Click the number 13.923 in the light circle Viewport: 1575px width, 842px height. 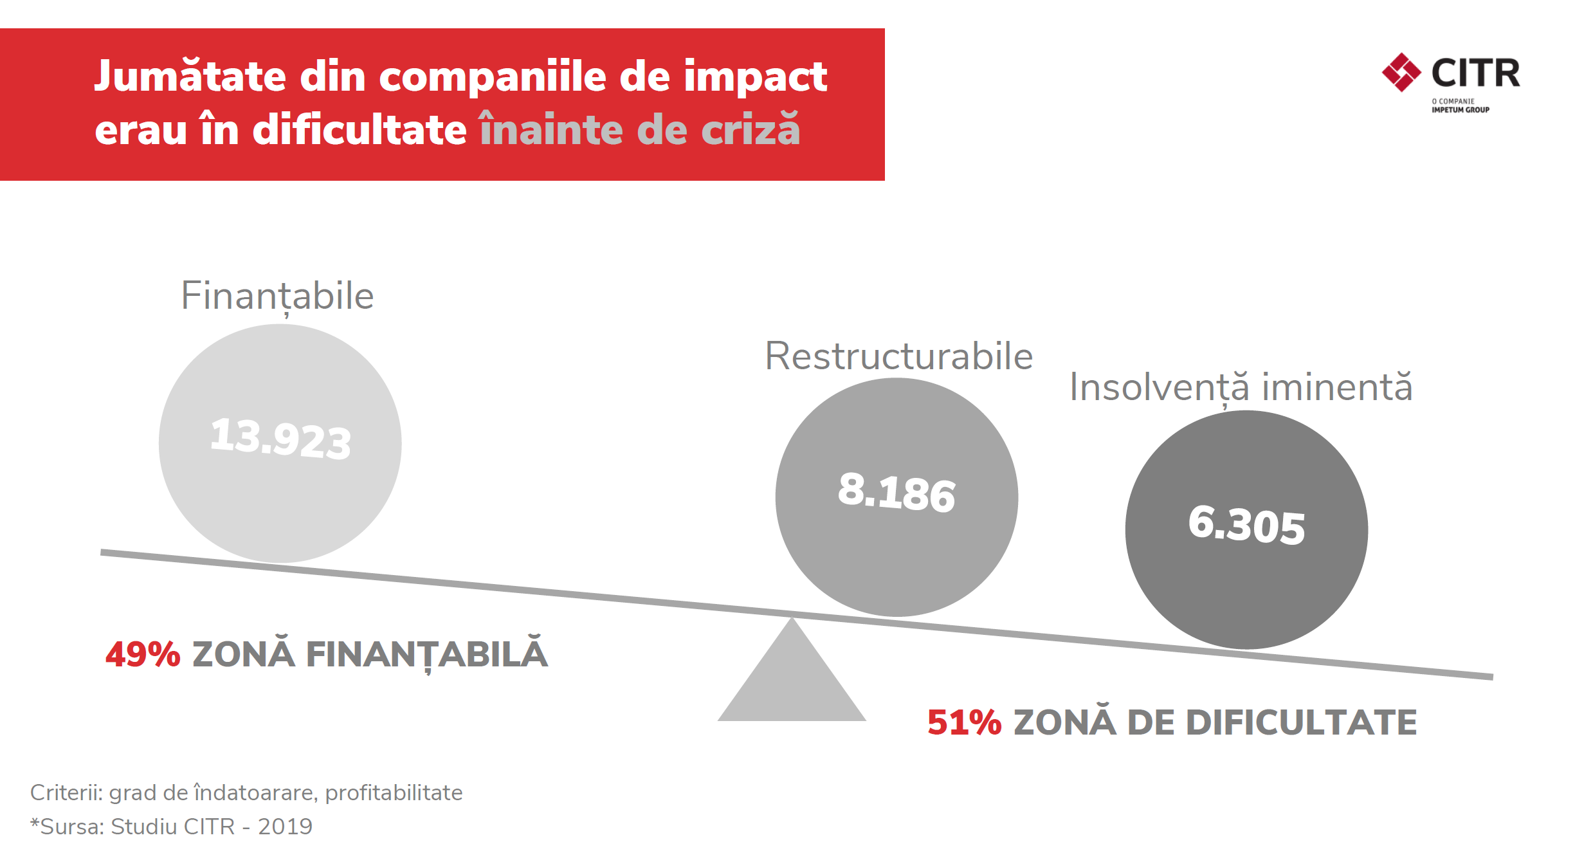tap(280, 439)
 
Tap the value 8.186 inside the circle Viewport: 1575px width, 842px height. tap(897, 492)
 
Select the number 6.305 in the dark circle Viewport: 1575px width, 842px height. tap(1246, 525)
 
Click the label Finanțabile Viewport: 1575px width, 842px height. tap(277, 296)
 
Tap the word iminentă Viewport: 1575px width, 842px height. tap(1337, 387)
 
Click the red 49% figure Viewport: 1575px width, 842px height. tap(143, 655)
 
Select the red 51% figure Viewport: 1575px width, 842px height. tap(964, 722)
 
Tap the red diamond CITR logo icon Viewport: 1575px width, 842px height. tap(1401, 73)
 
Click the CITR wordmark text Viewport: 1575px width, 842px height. tap(1475, 73)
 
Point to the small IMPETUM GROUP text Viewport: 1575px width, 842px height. tap(1460, 110)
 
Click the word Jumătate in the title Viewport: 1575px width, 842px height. tap(190, 77)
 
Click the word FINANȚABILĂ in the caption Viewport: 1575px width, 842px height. tap(426, 655)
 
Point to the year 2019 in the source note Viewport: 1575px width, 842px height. tap(285, 826)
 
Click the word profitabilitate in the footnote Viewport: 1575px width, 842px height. tap(394, 792)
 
